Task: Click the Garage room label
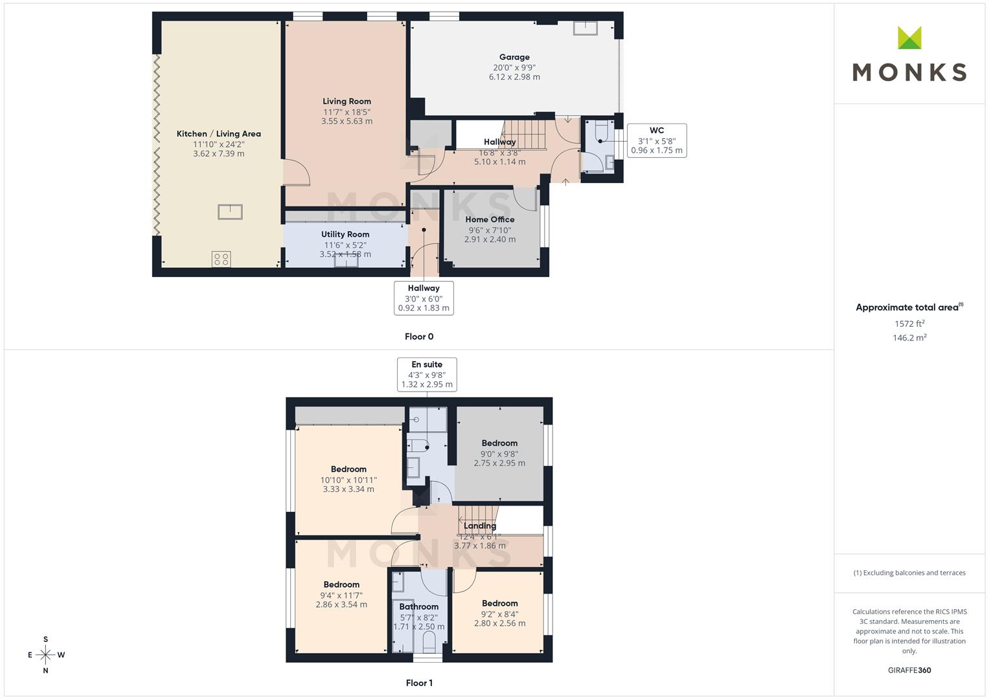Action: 514,57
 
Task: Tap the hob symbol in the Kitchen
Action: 221,260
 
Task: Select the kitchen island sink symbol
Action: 230,212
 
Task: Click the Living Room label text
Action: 347,101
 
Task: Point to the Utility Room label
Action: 345,234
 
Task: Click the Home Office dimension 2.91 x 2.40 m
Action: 490,239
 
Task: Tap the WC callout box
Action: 657,140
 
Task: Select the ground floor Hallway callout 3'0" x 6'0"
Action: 424,298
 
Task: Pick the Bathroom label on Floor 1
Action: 418,606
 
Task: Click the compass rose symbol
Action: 45,655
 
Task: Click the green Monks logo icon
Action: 909,38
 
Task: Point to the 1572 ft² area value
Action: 909,324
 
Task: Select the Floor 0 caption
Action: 419,337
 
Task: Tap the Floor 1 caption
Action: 419,683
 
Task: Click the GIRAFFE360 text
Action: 909,670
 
